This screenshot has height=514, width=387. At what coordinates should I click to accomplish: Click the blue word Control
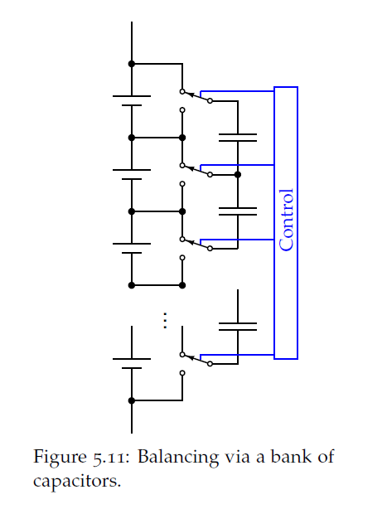[x=286, y=220]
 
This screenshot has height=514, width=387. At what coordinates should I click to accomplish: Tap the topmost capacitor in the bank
[x=238, y=138]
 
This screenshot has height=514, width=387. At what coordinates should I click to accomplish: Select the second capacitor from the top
[x=238, y=211]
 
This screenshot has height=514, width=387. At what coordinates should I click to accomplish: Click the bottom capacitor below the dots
[x=238, y=326]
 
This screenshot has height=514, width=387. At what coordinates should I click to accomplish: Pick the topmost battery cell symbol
[x=132, y=100]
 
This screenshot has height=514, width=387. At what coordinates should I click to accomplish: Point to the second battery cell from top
[x=132, y=174]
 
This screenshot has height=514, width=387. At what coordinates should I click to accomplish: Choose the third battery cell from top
[x=132, y=248]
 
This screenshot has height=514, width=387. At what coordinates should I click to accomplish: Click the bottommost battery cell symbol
[x=132, y=363]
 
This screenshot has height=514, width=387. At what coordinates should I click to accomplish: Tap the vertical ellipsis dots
[x=165, y=320]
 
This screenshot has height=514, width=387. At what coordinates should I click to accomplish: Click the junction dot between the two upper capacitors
[x=238, y=175]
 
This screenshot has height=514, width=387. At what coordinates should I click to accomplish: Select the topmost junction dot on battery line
[x=132, y=64]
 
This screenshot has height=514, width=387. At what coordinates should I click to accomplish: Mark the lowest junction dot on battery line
[x=132, y=400]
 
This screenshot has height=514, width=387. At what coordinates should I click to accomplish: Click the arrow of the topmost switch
[x=191, y=95]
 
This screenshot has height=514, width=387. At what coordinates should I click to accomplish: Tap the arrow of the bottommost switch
[x=191, y=357]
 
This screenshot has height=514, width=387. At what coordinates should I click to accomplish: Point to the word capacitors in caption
[x=77, y=482]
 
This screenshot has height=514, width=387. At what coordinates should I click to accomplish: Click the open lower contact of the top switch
[x=182, y=110]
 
